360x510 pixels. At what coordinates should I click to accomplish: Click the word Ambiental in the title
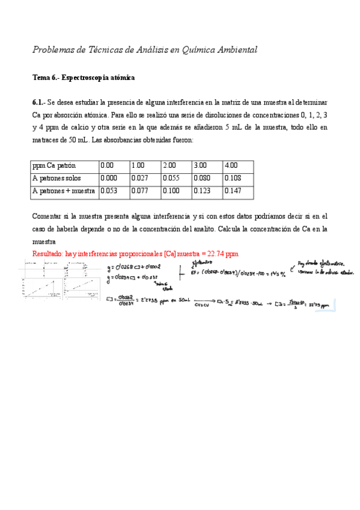tap(235, 50)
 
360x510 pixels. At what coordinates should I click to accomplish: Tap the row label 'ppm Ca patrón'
tap(54, 165)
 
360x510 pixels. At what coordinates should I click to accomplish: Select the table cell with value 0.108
tap(231, 178)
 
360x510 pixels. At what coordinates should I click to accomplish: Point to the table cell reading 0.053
tap(108, 191)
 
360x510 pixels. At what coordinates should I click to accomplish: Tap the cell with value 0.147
tap(231, 191)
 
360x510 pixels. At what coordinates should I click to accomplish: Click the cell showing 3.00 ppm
tap(200, 165)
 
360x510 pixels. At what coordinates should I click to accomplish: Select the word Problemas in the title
tap(54, 50)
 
